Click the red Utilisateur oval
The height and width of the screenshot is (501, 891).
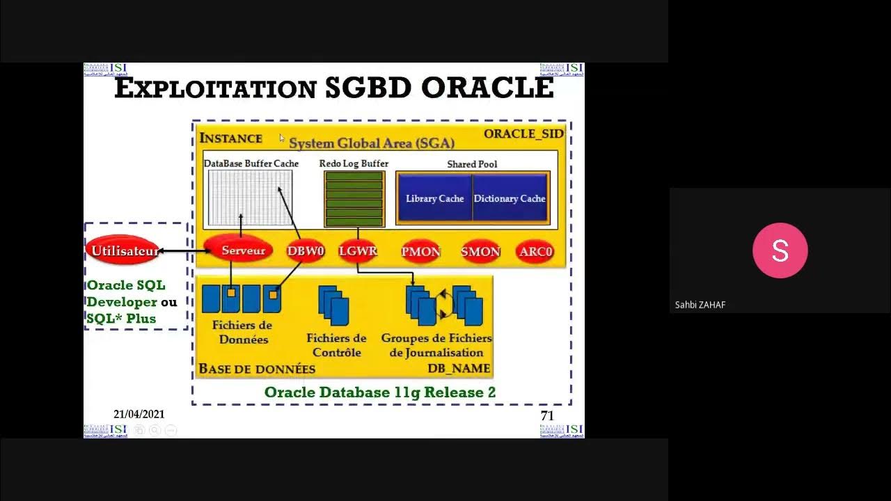coord(123,250)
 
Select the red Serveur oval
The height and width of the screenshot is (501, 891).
coord(243,250)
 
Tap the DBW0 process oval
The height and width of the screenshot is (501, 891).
coord(306,251)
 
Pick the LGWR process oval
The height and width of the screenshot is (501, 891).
coord(357,251)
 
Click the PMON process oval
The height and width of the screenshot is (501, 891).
coord(420,251)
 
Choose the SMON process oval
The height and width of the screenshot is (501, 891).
coord(480,251)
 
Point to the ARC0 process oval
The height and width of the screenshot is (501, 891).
coord(535,251)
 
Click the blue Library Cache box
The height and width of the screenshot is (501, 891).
coord(434,198)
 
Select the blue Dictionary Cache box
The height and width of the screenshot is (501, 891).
coord(510,198)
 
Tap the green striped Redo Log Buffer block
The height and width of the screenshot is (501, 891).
coord(354,199)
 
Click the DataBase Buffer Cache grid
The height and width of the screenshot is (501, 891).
coord(250,198)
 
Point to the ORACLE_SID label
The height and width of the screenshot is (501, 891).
coord(523,134)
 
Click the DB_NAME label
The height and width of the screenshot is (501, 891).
coord(459,368)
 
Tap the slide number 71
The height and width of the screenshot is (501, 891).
coord(547,415)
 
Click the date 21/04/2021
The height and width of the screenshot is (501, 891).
coord(139,414)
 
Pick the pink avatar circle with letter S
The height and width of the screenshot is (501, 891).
coord(780,250)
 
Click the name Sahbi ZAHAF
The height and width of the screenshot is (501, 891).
coord(700,305)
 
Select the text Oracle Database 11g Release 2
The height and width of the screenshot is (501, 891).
coord(380,392)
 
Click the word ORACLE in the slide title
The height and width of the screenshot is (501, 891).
coord(487,88)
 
